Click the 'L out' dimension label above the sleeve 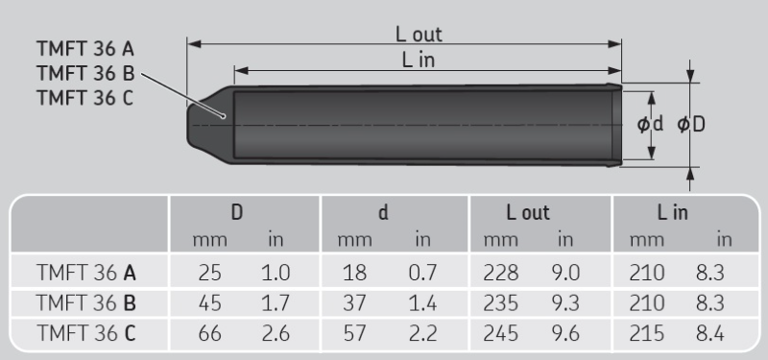tap(419, 35)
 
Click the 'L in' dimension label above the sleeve tap(419, 60)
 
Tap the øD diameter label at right tap(691, 125)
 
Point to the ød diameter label tap(651, 125)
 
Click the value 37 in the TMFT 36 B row tap(354, 302)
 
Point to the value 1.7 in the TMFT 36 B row tap(276, 302)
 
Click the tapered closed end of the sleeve tap(204, 125)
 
